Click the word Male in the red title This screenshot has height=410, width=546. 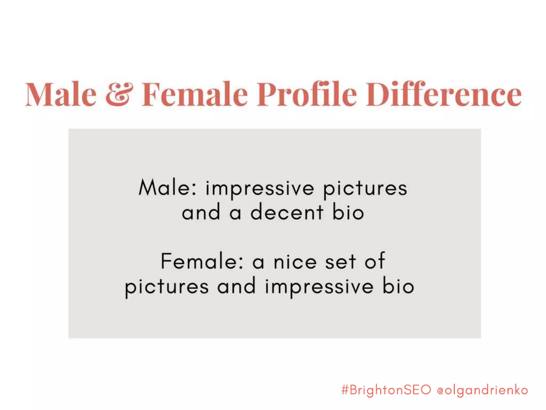pyautogui.click(x=61, y=94)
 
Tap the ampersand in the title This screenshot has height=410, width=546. pyautogui.click(x=119, y=94)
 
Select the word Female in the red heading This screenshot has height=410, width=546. pyautogui.click(x=195, y=94)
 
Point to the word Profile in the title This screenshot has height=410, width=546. pyautogui.click(x=307, y=94)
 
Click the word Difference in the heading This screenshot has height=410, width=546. pyautogui.click(x=444, y=94)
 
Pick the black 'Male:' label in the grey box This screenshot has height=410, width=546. pyautogui.click(x=168, y=188)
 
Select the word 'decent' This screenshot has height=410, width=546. pyautogui.click(x=287, y=212)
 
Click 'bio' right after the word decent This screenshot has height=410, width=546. pyautogui.click(x=348, y=212)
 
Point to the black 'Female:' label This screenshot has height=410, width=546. pyautogui.click(x=202, y=261)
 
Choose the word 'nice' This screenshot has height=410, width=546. pyautogui.click(x=295, y=262)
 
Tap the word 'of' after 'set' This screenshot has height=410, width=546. pyautogui.click(x=375, y=261)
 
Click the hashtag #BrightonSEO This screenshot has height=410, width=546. pyautogui.click(x=386, y=390)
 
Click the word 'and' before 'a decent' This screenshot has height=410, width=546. pyautogui.click(x=201, y=212)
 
